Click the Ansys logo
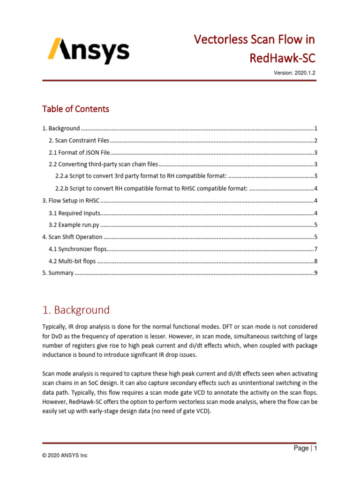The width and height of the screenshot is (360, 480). pos(88,51)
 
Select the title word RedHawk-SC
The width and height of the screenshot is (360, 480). pos(282,58)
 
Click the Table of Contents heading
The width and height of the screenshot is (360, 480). pos(75,109)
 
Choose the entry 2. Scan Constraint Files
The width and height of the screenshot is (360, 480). pos(79,141)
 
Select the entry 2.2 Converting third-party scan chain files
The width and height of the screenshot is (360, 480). pos(104,165)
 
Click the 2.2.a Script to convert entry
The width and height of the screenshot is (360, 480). pos(141,176)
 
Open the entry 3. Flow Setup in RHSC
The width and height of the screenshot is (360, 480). pos(71,201)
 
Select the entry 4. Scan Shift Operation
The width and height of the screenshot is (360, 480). pos(72,237)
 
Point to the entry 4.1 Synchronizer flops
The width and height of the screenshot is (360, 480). pos(78,249)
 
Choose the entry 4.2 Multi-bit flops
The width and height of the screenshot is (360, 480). pos(73,261)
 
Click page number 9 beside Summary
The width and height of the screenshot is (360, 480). pos(316,273)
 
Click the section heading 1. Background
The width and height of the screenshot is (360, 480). pos(76,310)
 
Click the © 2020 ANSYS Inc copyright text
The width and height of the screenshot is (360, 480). pos(65,455)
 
